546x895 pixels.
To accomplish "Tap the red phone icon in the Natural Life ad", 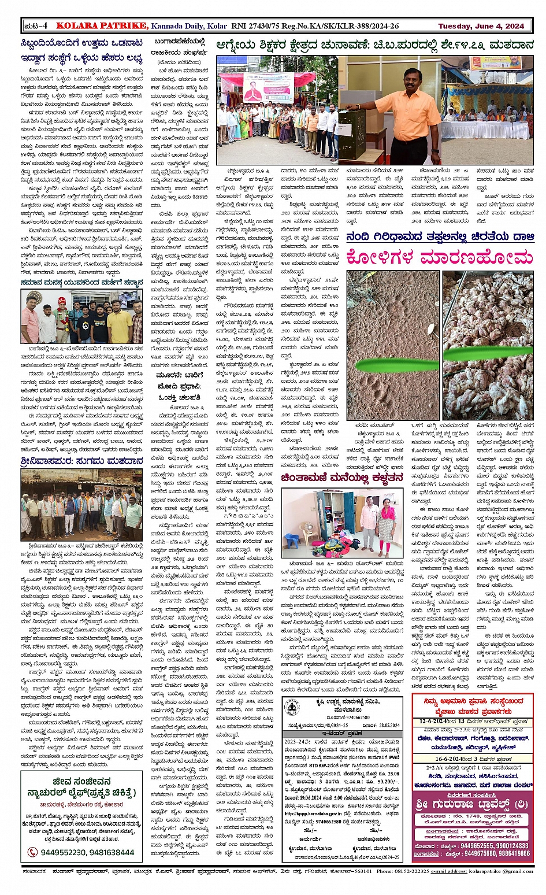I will [32, 852].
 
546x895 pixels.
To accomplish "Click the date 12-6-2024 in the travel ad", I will [439, 721].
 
